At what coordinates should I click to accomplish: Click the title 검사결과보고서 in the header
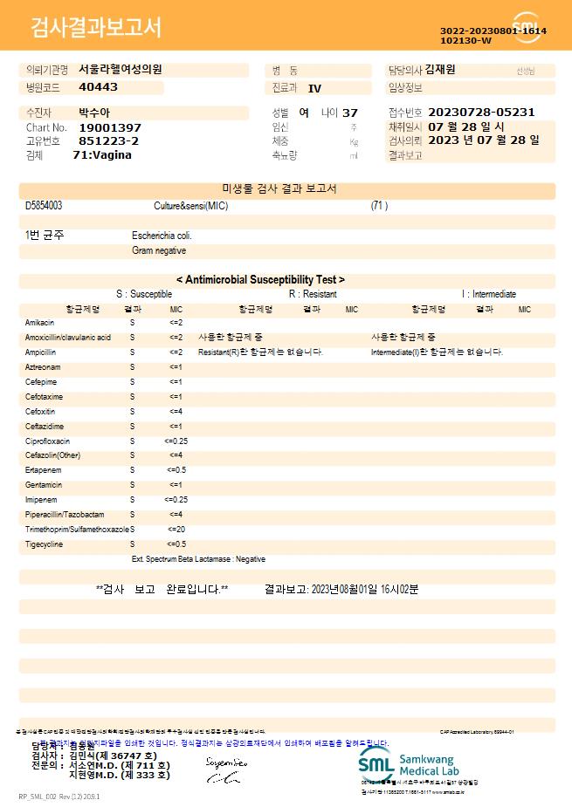[x=96, y=28]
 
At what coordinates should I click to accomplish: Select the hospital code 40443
[x=98, y=87]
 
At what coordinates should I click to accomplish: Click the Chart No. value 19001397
[x=109, y=127]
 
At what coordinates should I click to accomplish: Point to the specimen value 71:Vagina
[x=102, y=154]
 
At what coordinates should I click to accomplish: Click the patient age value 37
[x=349, y=113]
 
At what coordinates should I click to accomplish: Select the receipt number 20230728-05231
[x=481, y=113]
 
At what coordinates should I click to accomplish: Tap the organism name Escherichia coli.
[x=162, y=236]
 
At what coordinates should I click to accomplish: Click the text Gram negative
[x=159, y=250]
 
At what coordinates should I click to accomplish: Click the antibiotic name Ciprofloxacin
[x=48, y=441]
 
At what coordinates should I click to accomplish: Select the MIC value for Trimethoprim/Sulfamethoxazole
[x=176, y=530]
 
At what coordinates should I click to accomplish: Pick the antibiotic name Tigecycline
[x=45, y=544]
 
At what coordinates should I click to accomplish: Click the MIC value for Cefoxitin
[x=176, y=411]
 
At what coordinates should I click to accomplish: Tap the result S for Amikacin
[x=133, y=323]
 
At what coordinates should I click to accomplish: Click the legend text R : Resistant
[x=313, y=295]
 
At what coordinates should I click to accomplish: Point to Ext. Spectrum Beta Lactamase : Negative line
[x=198, y=559]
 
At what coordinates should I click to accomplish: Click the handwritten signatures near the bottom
[x=225, y=769]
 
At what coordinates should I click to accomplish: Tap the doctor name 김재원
[x=446, y=69]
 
